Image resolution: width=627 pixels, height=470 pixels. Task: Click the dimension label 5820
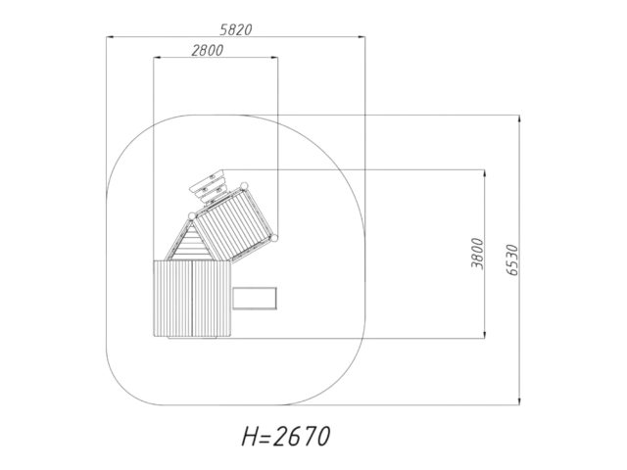[x=236, y=30]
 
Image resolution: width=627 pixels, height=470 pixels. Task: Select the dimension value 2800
[x=207, y=51]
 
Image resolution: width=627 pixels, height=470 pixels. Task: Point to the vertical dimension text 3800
[x=477, y=254]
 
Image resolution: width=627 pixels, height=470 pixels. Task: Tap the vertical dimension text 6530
[x=512, y=260]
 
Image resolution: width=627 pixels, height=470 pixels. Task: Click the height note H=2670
[x=286, y=436]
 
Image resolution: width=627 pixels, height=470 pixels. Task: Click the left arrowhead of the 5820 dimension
[x=110, y=37]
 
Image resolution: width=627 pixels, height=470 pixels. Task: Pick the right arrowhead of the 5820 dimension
[x=362, y=37]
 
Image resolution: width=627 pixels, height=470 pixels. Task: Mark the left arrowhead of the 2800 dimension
[x=158, y=58]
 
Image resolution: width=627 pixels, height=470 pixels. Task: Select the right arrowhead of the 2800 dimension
[x=274, y=58]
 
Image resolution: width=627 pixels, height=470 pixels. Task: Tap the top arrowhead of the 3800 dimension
[x=485, y=174]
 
